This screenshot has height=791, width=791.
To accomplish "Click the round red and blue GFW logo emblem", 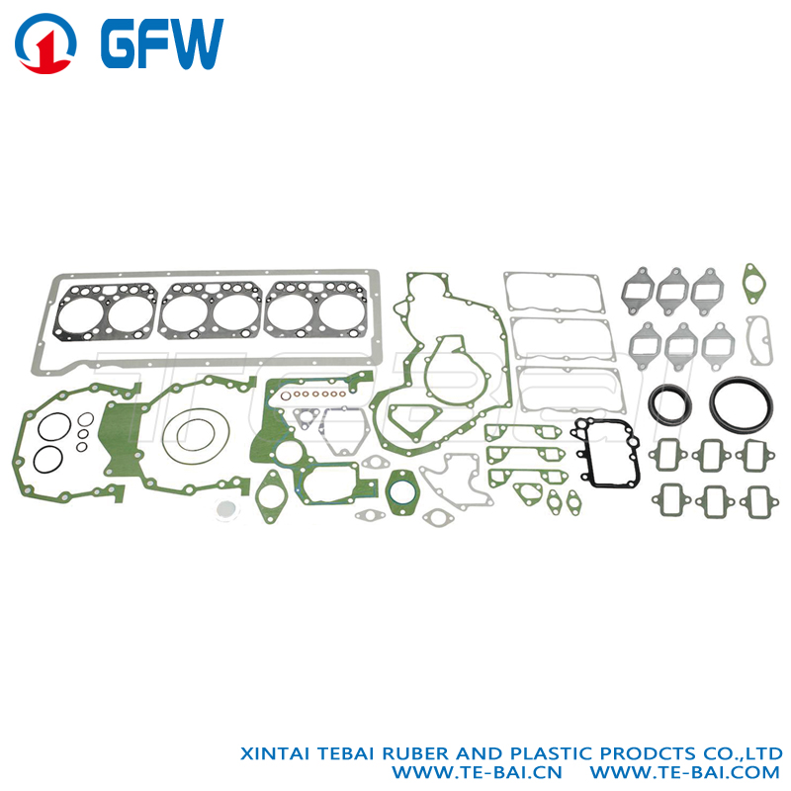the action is (45, 44).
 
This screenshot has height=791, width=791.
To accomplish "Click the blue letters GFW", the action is (162, 44).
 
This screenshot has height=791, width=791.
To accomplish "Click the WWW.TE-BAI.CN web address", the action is (477, 772).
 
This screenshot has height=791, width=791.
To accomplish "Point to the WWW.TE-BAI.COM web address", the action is (684, 772).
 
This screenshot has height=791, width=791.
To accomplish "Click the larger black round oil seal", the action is (741, 403).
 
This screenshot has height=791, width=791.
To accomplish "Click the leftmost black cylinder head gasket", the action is (106, 312).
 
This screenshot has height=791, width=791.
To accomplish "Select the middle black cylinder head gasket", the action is (211, 310).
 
